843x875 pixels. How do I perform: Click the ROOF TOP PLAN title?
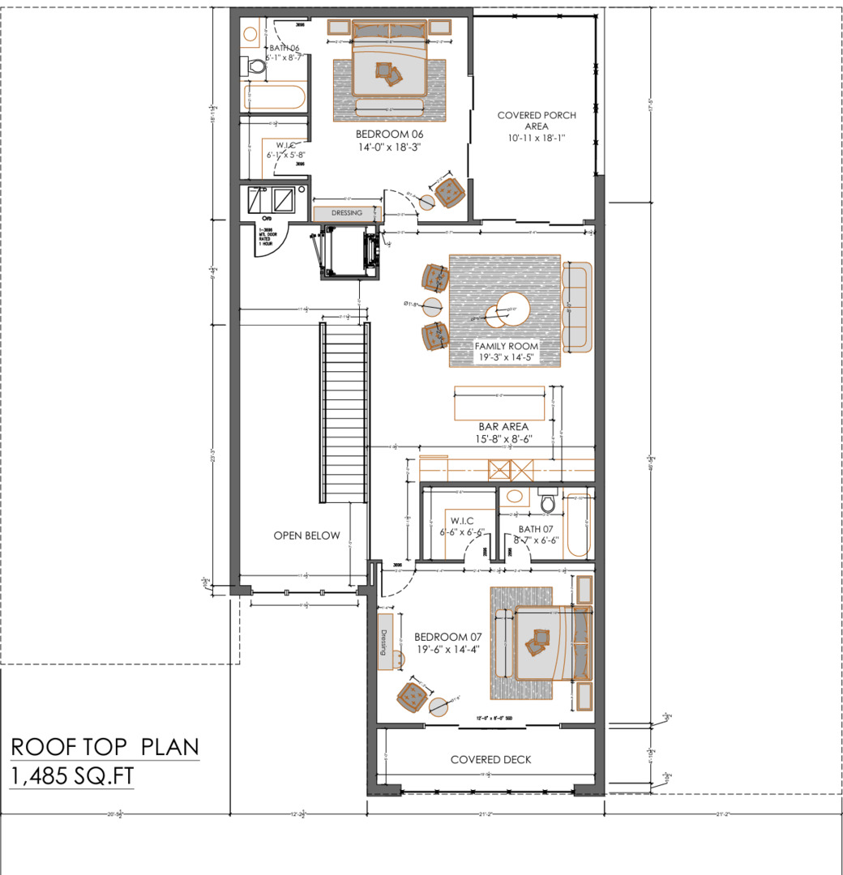[x=105, y=746]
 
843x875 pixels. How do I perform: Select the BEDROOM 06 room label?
[x=389, y=141]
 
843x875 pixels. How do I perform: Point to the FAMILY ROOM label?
[x=506, y=352]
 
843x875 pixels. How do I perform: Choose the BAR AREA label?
[x=503, y=432]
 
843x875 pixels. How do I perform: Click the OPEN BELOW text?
[x=306, y=536]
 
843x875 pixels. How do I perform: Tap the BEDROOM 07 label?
[x=447, y=642]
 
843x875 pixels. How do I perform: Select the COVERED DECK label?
[x=490, y=759]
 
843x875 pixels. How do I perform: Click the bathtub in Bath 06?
[x=275, y=99]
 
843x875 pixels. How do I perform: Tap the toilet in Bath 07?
[x=546, y=503]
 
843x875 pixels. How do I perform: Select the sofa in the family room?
[x=576, y=308]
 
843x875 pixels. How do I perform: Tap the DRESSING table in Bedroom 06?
[x=347, y=213]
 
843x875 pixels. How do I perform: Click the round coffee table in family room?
[x=511, y=309]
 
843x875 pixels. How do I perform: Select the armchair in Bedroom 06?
[x=449, y=192]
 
